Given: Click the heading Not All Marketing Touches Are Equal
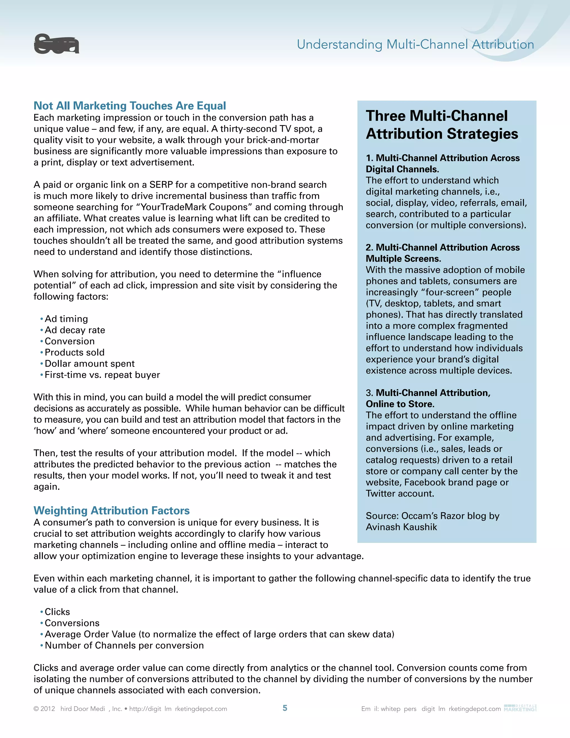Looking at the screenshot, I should pyautogui.click(x=130, y=106).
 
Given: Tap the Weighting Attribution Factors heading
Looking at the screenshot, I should pyautogui.click(x=111, y=510).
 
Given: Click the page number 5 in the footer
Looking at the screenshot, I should pyautogui.click(x=285, y=708).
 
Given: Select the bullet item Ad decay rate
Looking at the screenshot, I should pyautogui.click(x=75, y=330).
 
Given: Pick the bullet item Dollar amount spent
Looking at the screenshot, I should pyautogui.click(x=90, y=364).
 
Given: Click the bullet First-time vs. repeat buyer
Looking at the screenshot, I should pyautogui.click(x=102, y=375).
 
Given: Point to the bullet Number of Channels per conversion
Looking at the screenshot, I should pyautogui.click(x=124, y=646).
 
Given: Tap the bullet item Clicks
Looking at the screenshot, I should pyautogui.click(x=57, y=612).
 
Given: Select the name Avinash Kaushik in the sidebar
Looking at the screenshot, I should pyautogui.click(x=401, y=527).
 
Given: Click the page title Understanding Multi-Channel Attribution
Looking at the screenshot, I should pyautogui.click(x=415, y=44).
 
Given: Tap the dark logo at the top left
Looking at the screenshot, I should pyautogui.click(x=56, y=44).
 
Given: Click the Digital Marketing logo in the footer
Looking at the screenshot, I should pyautogui.click(x=520, y=708).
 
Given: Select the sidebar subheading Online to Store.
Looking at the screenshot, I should pyautogui.click(x=400, y=404).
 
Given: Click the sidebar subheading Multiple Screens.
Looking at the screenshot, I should pyautogui.click(x=403, y=258).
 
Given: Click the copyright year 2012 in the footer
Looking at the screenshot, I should pyautogui.click(x=48, y=708).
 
